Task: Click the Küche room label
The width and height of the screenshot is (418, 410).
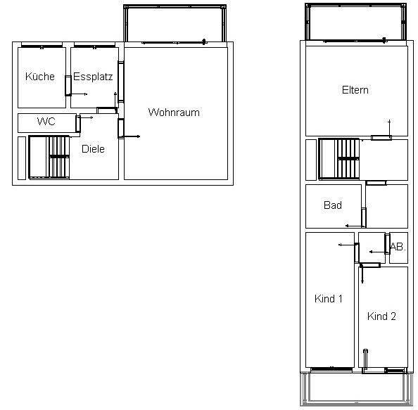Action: [x=40, y=77]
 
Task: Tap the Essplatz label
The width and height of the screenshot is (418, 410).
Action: [x=93, y=77]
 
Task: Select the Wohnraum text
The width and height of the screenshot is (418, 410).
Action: [x=174, y=112]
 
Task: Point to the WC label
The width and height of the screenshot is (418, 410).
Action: [x=46, y=122]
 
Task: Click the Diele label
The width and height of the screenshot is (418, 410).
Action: [x=93, y=149]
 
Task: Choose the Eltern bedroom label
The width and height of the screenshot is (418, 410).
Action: [x=355, y=90]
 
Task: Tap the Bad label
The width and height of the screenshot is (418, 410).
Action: [x=333, y=205]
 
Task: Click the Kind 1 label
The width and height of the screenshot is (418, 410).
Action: [x=329, y=299]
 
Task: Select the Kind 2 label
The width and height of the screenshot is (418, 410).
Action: [x=381, y=316]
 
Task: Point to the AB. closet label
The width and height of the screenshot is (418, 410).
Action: [x=398, y=247]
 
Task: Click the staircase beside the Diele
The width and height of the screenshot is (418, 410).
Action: [x=49, y=158]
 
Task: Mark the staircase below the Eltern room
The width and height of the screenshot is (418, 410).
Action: [x=339, y=159]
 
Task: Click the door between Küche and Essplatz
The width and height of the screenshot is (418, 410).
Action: [x=68, y=86]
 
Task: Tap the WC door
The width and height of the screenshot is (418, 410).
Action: [x=78, y=123]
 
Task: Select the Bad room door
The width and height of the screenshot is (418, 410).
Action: [x=364, y=217]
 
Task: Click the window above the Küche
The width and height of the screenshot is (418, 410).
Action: [x=42, y=46]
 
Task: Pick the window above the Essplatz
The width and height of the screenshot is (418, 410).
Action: [x=94, y=46]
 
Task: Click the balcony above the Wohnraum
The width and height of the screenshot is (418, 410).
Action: [x=175, y=23]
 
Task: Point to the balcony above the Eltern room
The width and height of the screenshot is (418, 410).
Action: [x=356, y=23]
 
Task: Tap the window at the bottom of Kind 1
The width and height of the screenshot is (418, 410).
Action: [x=331, y=369]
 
